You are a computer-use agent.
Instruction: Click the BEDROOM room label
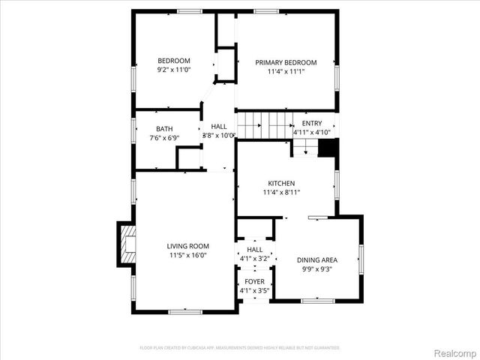[x=173, y=61]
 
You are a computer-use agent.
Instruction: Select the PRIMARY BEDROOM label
[x=286, y=62]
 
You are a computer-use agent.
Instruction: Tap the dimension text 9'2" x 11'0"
[x=173, y=70]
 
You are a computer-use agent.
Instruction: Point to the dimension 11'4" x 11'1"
[x=286, y=71]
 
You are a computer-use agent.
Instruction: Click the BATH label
[x=164, y=129]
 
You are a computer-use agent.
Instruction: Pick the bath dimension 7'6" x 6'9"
[x=164, y=138]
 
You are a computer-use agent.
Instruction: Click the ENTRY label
[x=311, y=124]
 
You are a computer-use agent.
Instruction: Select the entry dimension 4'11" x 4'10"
[x=311, y=133]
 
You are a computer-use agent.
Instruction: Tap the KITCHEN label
[x=281, y=183]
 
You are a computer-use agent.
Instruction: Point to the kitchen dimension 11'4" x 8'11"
[x=281, y=192]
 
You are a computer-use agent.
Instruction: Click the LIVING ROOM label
[x=187, y=246]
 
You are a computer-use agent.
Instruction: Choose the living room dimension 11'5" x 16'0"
[x=187, y=255]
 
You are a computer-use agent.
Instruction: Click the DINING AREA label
[x=316, y=259]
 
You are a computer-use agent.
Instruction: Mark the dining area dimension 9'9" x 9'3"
[x=316, y=268]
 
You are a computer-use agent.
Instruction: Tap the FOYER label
[x=254, y=281]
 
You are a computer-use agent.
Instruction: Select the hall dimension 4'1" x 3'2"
[x=254, y=259]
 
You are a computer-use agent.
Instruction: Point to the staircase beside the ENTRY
[x=265, y=123]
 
